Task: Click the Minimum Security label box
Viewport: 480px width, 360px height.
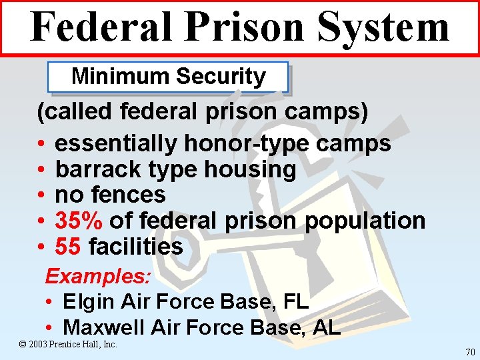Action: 168,77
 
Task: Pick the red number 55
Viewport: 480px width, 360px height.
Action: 68,247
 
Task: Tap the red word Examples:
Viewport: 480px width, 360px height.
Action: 98,275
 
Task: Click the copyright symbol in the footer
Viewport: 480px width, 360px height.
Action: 23,345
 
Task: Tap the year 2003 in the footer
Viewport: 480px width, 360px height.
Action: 37,345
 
